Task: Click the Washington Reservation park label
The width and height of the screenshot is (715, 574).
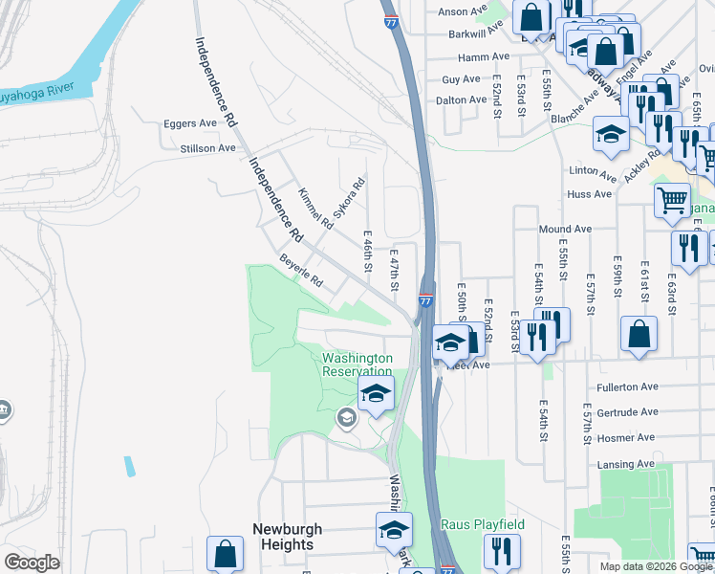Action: tap(357, 364)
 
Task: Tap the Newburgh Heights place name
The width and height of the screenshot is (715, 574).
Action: tap(287, 537)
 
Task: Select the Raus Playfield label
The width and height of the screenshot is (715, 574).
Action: tap(483, 525)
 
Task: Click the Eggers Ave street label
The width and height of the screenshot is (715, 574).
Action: tap(190, 123)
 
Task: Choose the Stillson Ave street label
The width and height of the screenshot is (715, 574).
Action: tap(207, 148)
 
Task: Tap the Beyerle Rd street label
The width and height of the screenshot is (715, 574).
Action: tap(300, 273)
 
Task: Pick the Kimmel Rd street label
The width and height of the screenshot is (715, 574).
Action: tap(314, 209)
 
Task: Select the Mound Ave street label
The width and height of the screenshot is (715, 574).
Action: tap(565, 230)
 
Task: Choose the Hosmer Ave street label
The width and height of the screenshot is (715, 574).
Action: tap(627, 437)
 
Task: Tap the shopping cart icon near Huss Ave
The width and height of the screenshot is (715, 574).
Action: tap(672, 200)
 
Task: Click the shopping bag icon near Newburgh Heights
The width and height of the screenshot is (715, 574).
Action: tap(225, 552)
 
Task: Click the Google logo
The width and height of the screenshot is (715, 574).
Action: tap(32, 563)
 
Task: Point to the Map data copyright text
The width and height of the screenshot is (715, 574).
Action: tap(656, 566)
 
